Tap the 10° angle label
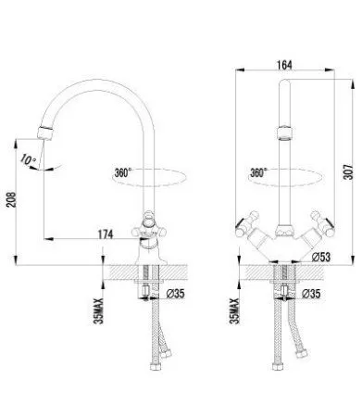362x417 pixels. click(x=29, y=160)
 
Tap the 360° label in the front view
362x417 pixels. click(x=259, y=172)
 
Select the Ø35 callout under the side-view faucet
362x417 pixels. click(x=175, y=295)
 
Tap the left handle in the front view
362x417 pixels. click(x=247, y=222)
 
